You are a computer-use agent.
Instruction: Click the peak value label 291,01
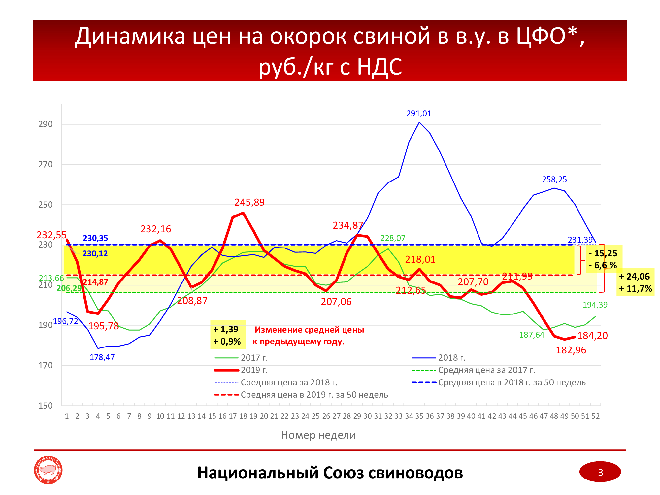[419, 114]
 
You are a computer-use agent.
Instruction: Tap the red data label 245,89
[249, 202]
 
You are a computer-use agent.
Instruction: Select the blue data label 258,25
[554, 180]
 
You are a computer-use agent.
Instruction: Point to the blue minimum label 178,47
[102, 357]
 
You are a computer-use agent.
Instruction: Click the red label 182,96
[571, 350]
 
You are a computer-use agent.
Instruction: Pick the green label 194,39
[595, 305]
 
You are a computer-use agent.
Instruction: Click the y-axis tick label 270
[46, 164]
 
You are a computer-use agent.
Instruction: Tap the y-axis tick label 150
[46, 406]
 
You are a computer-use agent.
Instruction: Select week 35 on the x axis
[419, 416]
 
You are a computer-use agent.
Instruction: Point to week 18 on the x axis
[243, 416]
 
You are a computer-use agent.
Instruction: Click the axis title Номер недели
[318, 435]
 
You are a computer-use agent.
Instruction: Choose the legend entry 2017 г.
[254, 358]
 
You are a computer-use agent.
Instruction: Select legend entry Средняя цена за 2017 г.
[486, 370]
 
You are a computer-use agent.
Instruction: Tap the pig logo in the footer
[48, 470]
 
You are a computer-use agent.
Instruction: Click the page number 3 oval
[600, 472]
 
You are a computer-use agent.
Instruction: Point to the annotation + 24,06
[635, 277]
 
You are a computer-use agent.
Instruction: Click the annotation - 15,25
[603, 253]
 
